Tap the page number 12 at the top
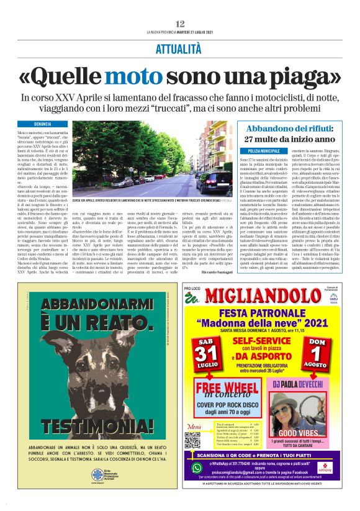180,23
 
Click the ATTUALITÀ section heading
180,48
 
